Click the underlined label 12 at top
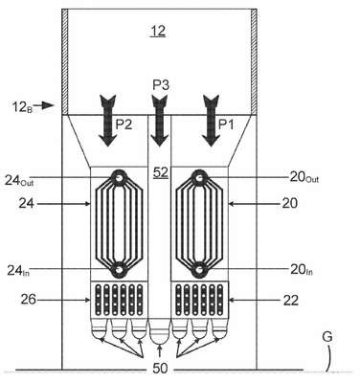tap(158, 32)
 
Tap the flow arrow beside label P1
tap(211, 121)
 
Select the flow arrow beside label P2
tap(108, 121)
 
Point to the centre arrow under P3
tap(160, 121)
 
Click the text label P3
tap(161, 85)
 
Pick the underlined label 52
tap(161, 172)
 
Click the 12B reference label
tap(23, 106)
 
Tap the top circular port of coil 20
tap(199, 177)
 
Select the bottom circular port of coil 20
tap(199, 270)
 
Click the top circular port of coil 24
tap(119, 177)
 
